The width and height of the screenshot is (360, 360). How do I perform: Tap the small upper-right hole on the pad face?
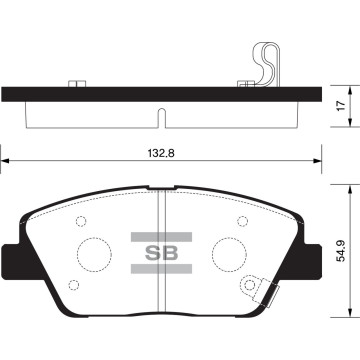[241, 222]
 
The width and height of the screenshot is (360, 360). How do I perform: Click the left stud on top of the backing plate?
[74, 81]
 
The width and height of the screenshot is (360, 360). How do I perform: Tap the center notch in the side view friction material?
[162, 125]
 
